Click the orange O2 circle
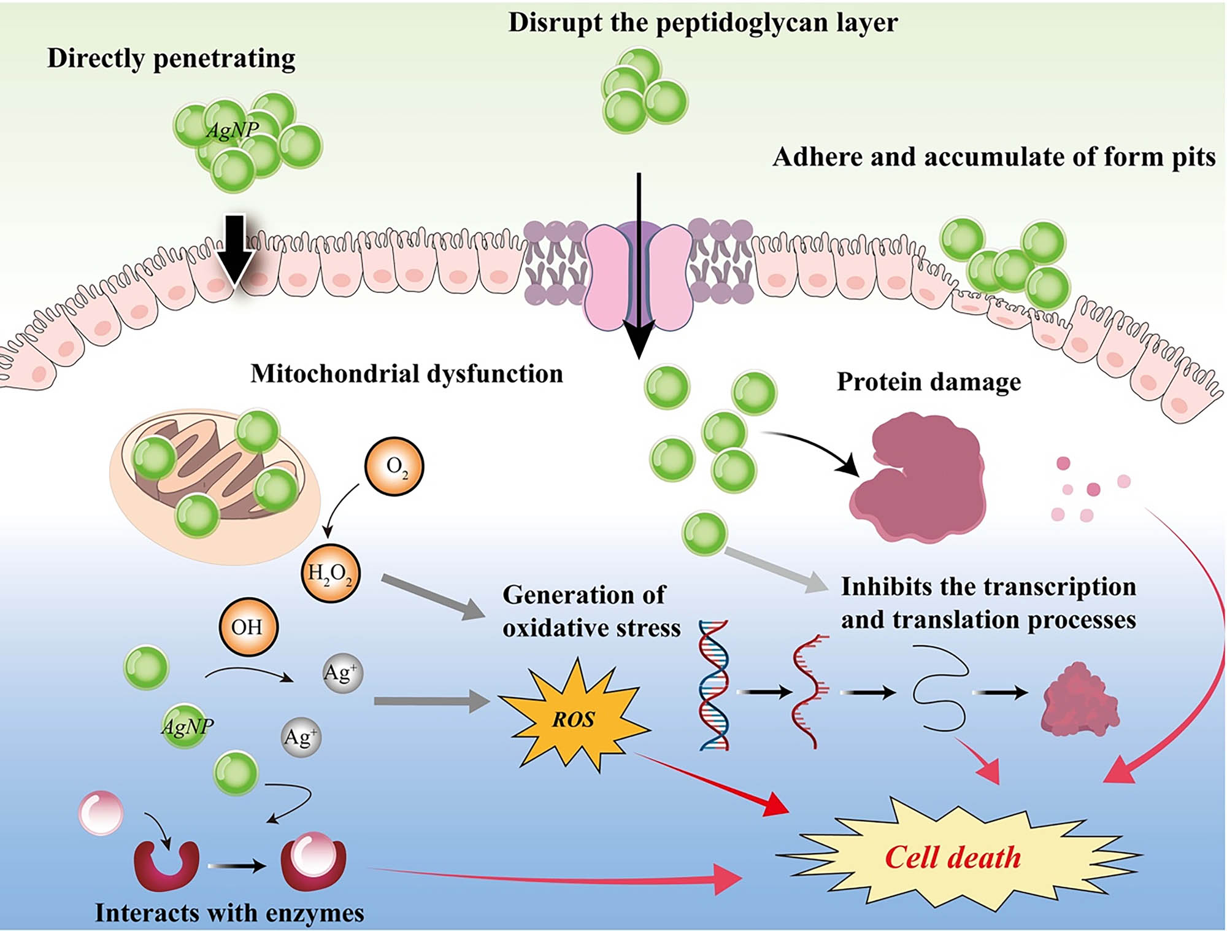click(394, 466)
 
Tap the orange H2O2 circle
click(330, 574)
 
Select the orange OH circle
click(248, 627)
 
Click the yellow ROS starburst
click(572, 717)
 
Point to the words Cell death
click(952, 857)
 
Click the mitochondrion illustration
click(215, 485)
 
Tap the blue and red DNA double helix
click(714, 685)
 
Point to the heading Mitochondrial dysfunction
click(406, 374)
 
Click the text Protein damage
click(928, 382)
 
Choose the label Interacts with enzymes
click(229, 913)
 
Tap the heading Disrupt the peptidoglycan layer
click(702, 23)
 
